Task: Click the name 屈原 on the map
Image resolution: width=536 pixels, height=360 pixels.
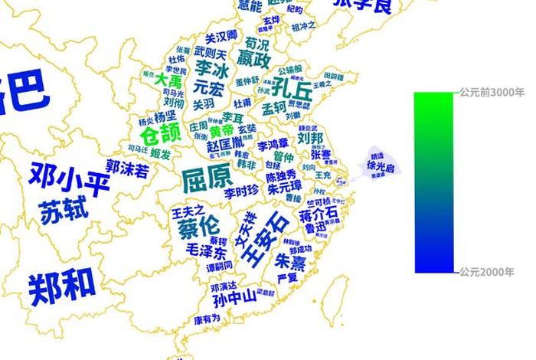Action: point(207,178)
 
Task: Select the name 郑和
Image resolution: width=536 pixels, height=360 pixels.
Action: point(63,285)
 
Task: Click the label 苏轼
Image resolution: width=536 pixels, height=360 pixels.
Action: point(64,209)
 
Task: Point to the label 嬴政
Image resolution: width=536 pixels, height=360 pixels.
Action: point(253,59)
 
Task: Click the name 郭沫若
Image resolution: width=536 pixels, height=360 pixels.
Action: point(127,168)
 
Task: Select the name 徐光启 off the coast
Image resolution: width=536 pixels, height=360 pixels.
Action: point(381,166)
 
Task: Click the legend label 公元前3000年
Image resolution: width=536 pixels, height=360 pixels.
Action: point(492,92)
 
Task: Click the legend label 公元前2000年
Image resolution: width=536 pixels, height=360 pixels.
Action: point(492,272)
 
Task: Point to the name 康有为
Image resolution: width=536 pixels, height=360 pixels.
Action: point(207,318)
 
